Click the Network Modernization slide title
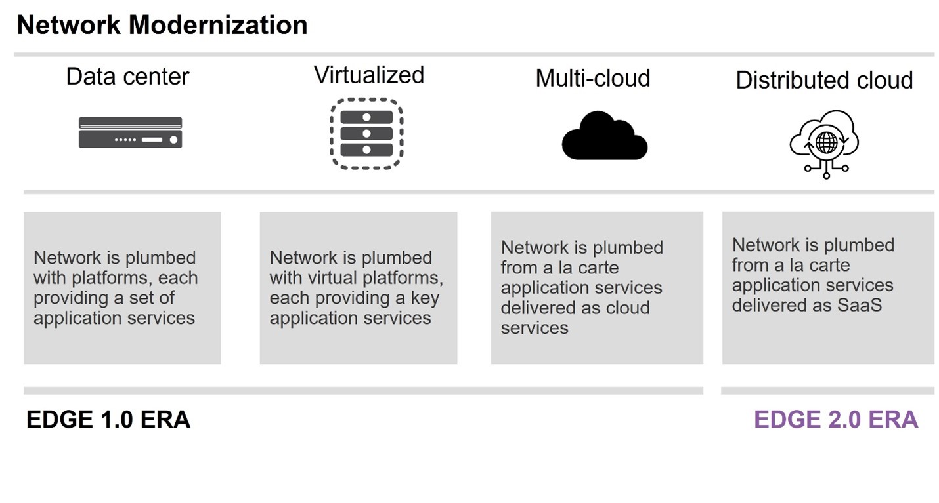pos(162,26)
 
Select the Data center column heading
pos(127,77)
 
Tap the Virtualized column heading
pos(368,75)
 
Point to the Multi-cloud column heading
pos(592,78)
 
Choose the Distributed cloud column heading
pos(824,80)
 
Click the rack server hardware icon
pos(130,132)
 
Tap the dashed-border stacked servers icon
pos(366,133)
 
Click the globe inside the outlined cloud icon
pos(825,141)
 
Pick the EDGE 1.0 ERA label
pos(108,420)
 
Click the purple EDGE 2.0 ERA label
pos(835,420)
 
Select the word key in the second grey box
pos(425,298)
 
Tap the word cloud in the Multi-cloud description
pos(628,308)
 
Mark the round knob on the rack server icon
pos(173,140)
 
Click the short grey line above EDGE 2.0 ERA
pos(827,391)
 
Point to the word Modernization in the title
pos(218,26)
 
